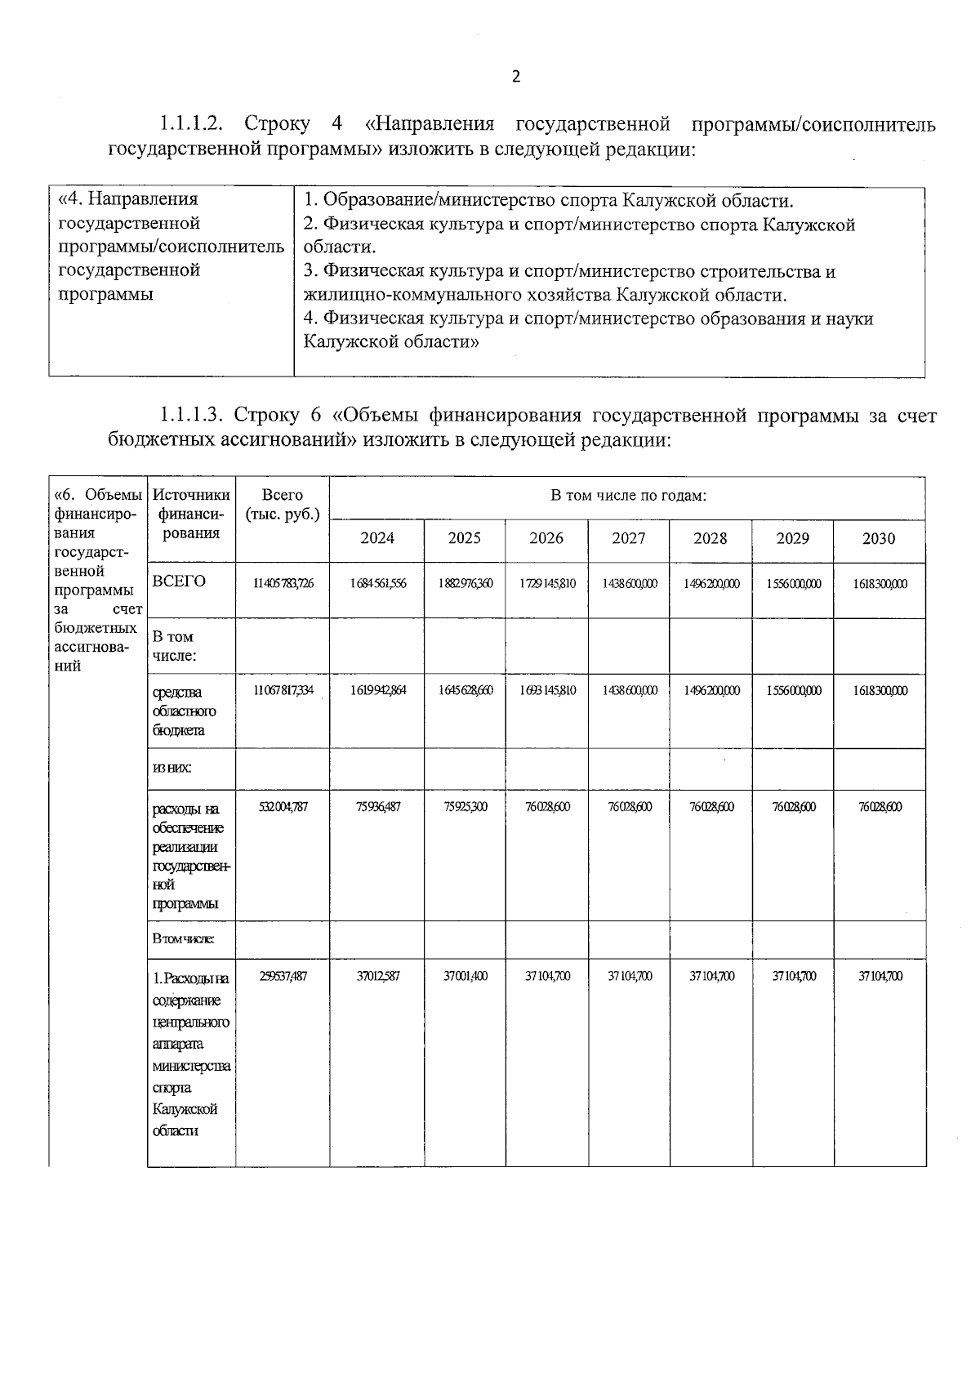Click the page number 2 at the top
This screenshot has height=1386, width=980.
coord(514,77)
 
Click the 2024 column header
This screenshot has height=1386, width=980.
coord(376,538)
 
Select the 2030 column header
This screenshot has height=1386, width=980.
coord(879,538)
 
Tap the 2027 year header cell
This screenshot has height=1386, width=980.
coord(628,538)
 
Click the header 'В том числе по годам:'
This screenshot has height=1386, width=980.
coord(627,496)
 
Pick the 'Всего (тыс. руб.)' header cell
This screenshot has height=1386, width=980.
coord(283,504)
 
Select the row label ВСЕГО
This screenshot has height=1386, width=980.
coord(179,582)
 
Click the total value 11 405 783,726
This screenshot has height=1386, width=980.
coord(283,584)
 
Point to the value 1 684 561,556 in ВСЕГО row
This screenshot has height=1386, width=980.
coord(376,584)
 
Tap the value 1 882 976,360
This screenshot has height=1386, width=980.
coord(465,584)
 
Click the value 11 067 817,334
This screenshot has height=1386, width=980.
coord(283,691)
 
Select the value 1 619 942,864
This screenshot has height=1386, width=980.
coord(376,691)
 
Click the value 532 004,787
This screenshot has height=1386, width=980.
coord(283,807)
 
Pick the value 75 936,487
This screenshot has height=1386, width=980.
coord(376,807)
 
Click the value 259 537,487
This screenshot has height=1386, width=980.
coord(283,976)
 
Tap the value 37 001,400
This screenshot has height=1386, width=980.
coord(465,976)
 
